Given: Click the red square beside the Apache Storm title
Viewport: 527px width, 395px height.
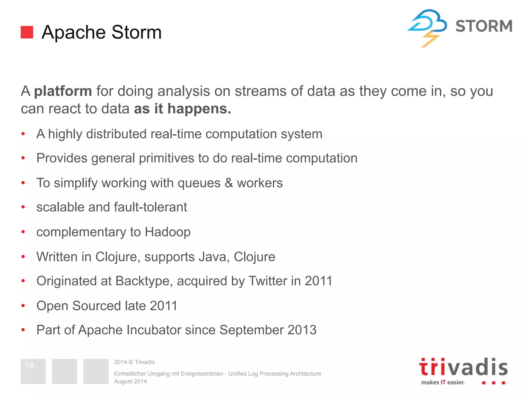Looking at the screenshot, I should pyautogui.click(x=27, y=32).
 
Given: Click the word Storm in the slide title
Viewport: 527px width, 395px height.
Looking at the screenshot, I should pyautogui.click(x=136, y=32).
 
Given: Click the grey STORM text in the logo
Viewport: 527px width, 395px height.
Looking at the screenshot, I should pyautogui.click(x=484, y=26).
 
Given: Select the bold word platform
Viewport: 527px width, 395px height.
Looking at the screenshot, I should pyautogui.click(x=63, y=91).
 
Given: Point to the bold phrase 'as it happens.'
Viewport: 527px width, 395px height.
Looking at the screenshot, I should pyautogui.click(x=182, y=109).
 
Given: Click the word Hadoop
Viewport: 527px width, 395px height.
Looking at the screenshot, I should pyautogui.click(x=168, y=232).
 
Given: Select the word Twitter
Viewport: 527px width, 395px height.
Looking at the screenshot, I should pyautogui.click(x=268, y=281).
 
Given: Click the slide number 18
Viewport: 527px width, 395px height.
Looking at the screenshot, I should pyautogui.click(x=29, y=365).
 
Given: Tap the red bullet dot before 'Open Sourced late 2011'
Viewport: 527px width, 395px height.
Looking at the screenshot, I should pyautogui.click(x=23, y=306).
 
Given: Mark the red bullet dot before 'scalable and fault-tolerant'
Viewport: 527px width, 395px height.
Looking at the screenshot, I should pyautogui.click(x=23, y=207).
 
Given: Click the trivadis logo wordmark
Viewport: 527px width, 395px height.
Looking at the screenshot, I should pyautogui.click(x=463, y=367).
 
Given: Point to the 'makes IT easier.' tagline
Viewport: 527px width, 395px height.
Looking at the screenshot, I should pyautogui.click(x=443, y=382).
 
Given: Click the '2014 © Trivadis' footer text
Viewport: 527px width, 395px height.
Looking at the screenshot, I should pyautogui.click(x=134, y=362).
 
